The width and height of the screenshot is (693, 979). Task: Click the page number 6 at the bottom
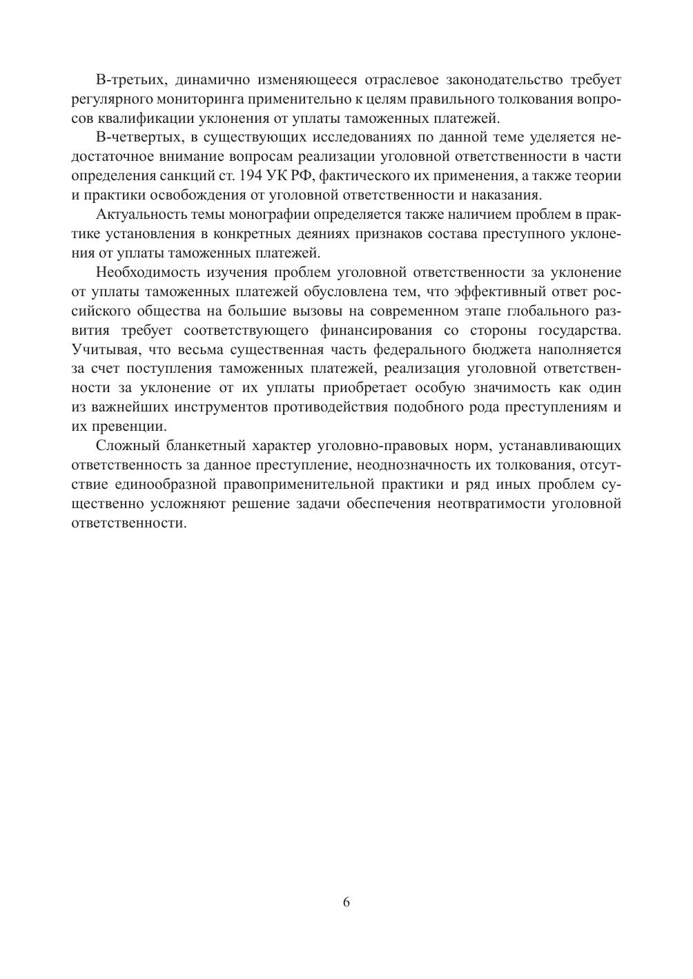click(x=346, y=902)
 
